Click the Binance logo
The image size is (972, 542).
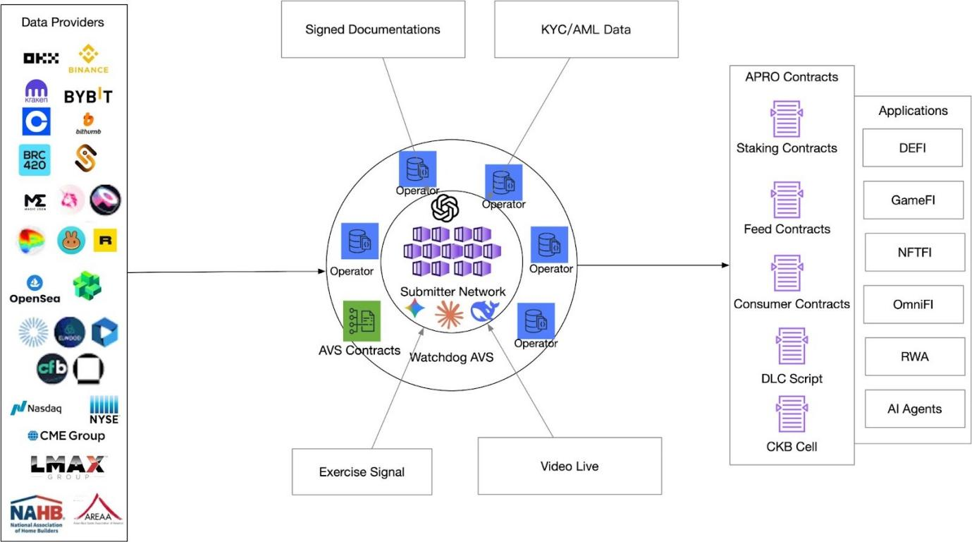point(88,59)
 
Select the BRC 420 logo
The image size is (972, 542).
point(35,160)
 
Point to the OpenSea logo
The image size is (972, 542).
point(35,289)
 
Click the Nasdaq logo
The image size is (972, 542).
point(37,408)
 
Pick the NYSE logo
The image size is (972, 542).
point(104,409)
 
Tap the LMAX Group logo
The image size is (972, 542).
point(68,466)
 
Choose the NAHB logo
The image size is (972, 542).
point(37,514)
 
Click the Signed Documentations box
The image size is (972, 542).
point(372,30)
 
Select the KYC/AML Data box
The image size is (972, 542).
point(586,30)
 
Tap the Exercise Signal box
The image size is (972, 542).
point(362,471)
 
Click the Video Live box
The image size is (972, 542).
point(570,466)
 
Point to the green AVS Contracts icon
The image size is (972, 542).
point(362,321)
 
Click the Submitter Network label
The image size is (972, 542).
point(453,291)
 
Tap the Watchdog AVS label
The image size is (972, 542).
point(452,357)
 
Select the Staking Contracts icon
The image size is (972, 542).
point(787,119)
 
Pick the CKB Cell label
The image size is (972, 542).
point(792,446)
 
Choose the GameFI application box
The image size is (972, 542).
point(913,200)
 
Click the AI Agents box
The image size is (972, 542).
point(914,409)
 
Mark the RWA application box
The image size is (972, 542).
point(914,356)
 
